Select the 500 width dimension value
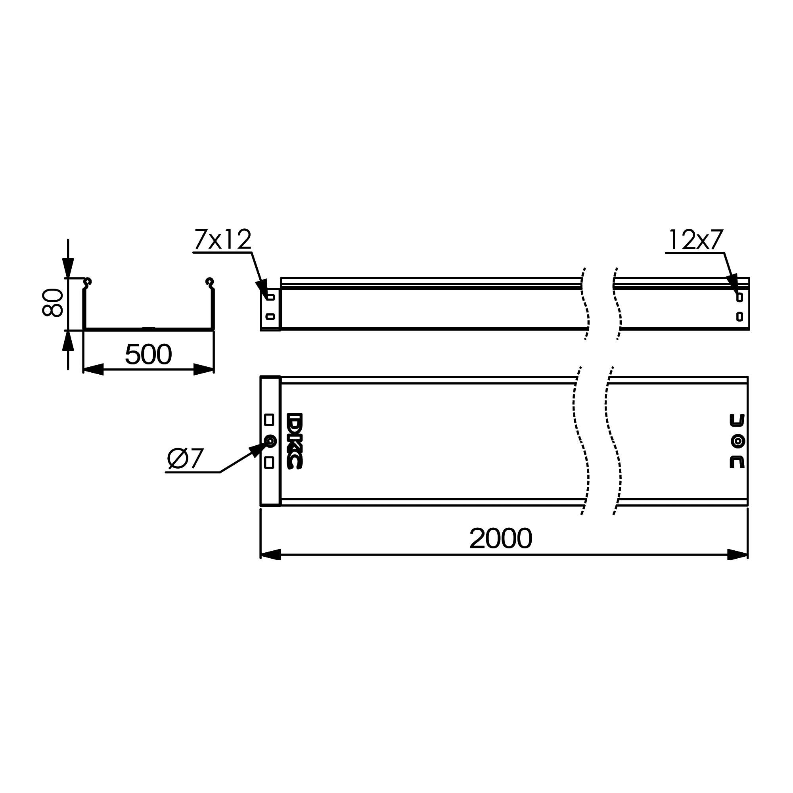(x=148, y=354)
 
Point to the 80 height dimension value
(x=53, y=303)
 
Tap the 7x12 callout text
(x=222, y=239)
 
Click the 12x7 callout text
(x=695, y=239)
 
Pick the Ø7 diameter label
(x=186, y=458)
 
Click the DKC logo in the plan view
(x=294, y=441)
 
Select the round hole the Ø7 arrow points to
(x=270, y=441)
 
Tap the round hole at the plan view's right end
(x=738, y=441)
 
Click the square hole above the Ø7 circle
(x=269, y=419)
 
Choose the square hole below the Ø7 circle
(x=269, y=463)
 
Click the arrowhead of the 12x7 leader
(x=733, y=282)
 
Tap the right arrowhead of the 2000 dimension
(x=737, y=555)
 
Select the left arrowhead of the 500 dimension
(x=93, y=370)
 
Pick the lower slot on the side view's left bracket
(x=270, y=316)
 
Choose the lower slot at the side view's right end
(x=739, y=316)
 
